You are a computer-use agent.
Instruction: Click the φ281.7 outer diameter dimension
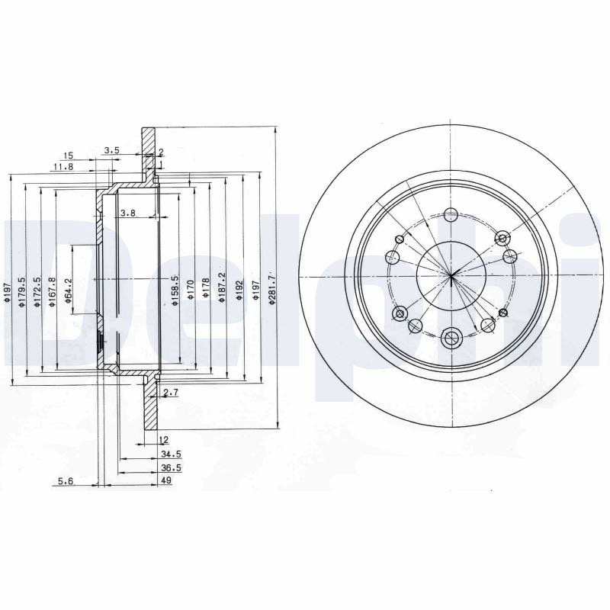click(272, 289)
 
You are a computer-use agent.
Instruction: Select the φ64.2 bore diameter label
click(69, 291)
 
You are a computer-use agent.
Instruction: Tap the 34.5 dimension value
click(171, 454)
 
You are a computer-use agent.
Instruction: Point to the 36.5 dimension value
click(171, 468)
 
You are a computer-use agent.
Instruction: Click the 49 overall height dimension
click(166, 480)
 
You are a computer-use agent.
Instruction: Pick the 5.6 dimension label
click(66, 481)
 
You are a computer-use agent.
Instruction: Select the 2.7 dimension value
click(171, 393)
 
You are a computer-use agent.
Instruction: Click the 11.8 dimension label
click(63, 167)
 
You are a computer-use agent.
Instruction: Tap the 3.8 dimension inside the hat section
click(127, 213)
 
